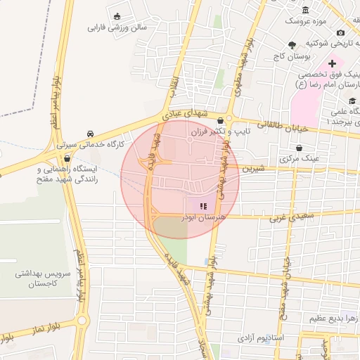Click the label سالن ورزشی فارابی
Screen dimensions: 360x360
point(116,28)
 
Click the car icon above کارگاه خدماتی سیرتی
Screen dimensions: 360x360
point(91,134)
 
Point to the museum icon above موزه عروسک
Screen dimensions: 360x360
point(306,10)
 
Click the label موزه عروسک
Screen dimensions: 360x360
point(307,21)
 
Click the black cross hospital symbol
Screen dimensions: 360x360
point(333,64)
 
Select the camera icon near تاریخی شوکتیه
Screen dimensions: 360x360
point(341,32)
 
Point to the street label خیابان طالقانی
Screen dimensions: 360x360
point(283,126)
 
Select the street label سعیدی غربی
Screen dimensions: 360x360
point(285,218)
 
